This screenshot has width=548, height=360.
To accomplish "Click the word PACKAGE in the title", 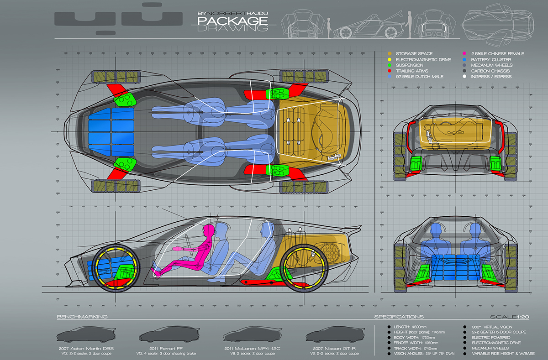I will pos(232,21).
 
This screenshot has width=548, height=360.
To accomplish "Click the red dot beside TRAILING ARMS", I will pos(389,71).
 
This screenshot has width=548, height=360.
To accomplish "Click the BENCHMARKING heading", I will pos(82,317).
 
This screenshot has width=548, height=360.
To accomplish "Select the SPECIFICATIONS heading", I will pos(399,317).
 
